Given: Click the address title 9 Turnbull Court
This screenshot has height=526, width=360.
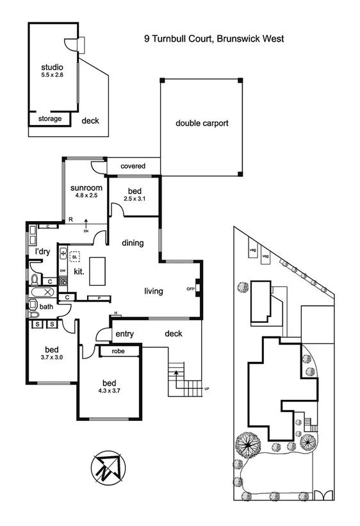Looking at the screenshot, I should pyautogui.click(x=213, y=38).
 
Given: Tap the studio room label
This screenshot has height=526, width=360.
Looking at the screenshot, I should pyautogui.click(x=52, y=67).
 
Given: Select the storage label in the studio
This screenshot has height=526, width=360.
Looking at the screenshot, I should pyautogui.click(x=50, y=119).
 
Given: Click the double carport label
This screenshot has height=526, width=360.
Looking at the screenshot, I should pyautogui.click(x=202, y=123).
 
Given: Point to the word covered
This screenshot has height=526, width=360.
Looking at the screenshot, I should pyautogui.click(x=133, y=166).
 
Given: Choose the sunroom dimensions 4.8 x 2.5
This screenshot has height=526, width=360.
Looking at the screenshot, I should pyautogui.click(x=83, y=196).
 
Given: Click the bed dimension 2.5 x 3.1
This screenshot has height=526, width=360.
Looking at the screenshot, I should pyautogui.click(x=135, y=199).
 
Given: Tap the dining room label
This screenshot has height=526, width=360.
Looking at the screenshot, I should pyautogui.click(x=133, y=243).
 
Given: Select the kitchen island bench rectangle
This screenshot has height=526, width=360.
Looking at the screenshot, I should pyautogui.click(x=98, y=271).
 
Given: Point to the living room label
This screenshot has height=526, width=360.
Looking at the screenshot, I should pyautogui.click(x=153, y=292).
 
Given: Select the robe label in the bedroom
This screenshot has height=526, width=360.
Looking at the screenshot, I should pyautogui.click(x=118, y=352).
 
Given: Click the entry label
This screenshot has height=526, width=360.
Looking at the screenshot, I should pyautogui.click(x=124, y=334).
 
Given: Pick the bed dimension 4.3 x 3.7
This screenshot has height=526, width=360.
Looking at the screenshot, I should pyautogui.click(x=109, y=390).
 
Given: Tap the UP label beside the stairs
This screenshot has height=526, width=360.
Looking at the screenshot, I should pyautogui.click(x=206, y=389).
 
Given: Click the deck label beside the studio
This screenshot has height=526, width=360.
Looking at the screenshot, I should pyautogui.click(x=90, y=120).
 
